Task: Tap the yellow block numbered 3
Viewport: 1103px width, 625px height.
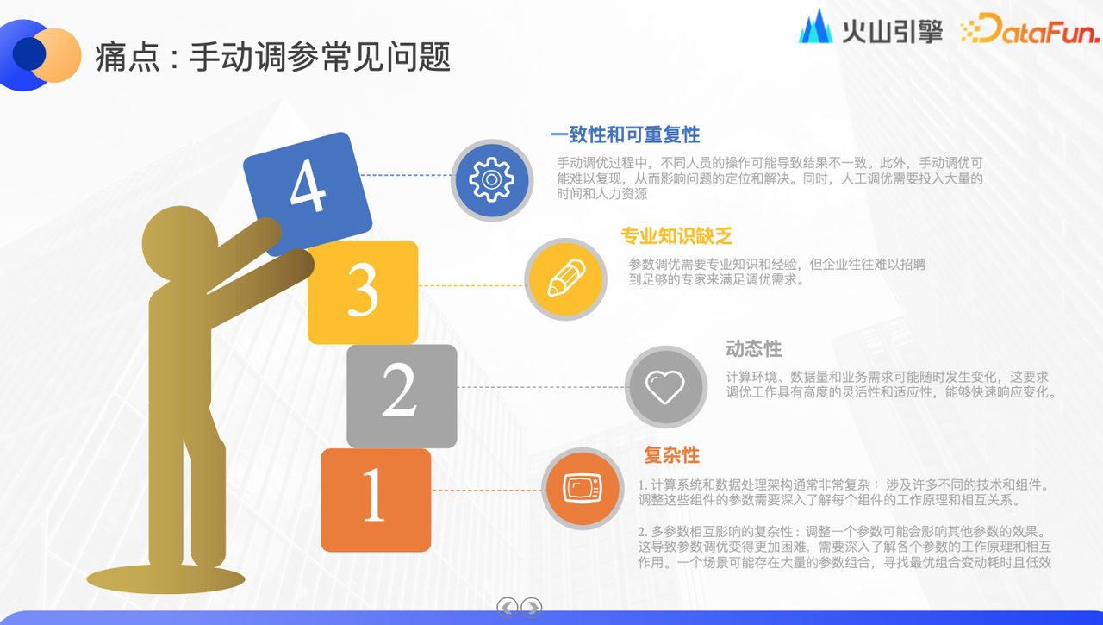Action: pos(363,292)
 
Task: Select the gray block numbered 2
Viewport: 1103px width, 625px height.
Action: pos(402,396)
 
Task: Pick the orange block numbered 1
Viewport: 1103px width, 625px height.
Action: pos(376,500)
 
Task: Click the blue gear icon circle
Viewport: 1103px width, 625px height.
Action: pos(492,180)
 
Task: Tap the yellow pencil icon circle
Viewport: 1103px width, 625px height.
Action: pos(566,279)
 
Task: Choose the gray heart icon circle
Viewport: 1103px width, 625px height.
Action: pos(666,386)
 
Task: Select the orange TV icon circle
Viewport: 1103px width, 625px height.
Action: pos(583,489)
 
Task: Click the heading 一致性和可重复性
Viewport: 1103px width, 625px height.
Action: pos(625,134)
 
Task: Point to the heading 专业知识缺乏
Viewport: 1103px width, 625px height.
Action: pos(676,236)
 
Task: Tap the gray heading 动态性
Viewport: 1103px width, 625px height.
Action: pos(753,348)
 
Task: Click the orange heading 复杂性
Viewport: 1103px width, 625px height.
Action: pos(671,454)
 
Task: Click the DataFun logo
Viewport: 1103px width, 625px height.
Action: pos(1030,28)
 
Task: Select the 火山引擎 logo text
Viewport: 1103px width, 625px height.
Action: pos(892,31)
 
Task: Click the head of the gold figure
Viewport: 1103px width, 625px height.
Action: pos(180,244)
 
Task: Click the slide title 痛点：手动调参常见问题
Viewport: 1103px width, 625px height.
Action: pos(273,57)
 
